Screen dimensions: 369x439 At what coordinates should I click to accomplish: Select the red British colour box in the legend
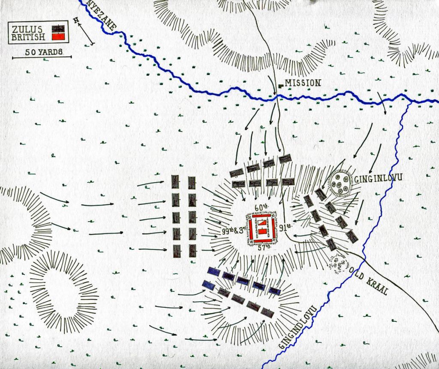click(58, 37)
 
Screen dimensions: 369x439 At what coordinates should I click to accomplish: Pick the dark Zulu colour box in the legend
click(58, 29)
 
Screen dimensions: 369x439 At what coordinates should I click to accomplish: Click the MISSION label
click(303, 83)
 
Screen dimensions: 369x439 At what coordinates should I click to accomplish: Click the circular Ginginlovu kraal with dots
click(341, 183)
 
